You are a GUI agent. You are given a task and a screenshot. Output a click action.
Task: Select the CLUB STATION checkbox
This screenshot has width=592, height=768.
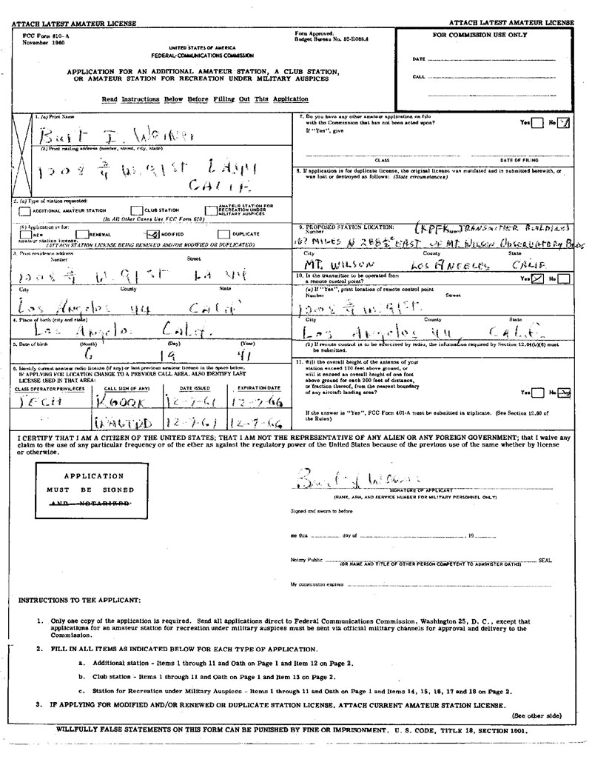(136, 210)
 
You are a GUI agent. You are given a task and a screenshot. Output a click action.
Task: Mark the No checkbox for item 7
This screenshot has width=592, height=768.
(563, 122)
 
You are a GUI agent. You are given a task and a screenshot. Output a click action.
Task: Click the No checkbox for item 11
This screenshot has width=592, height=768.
(564, 392)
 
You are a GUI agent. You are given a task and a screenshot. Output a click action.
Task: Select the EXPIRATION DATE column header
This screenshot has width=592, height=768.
(258, 387)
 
